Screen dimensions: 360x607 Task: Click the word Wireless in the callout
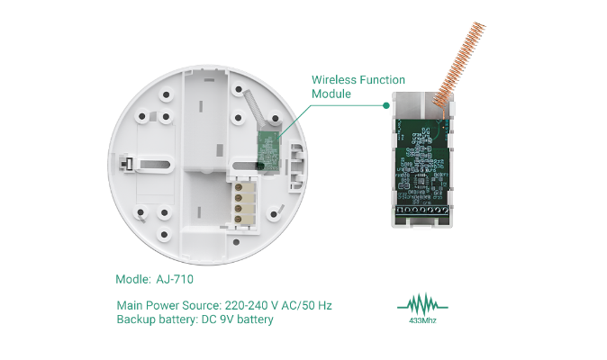[x=334, y=80]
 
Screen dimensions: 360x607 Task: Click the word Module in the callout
[x=331, y=94]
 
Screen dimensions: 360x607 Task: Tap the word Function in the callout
[x=383, y=80]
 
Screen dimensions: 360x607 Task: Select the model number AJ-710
[x=176, y=279]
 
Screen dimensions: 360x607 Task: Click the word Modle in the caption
[x=133, y=279]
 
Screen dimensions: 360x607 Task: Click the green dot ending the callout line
[x=385, y=105]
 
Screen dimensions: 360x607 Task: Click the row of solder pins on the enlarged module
[x=421, y=211]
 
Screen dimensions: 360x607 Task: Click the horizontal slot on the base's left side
[x=158, y=164]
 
